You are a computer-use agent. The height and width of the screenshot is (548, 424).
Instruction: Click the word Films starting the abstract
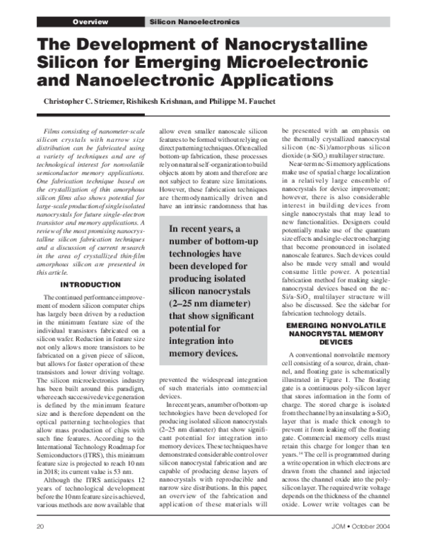tap(54, 131)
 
